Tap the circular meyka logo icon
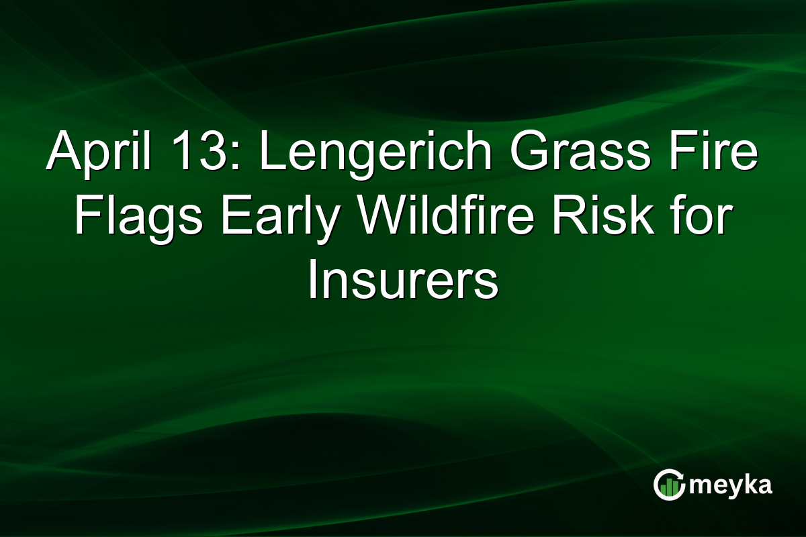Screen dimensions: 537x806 point(669,485)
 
